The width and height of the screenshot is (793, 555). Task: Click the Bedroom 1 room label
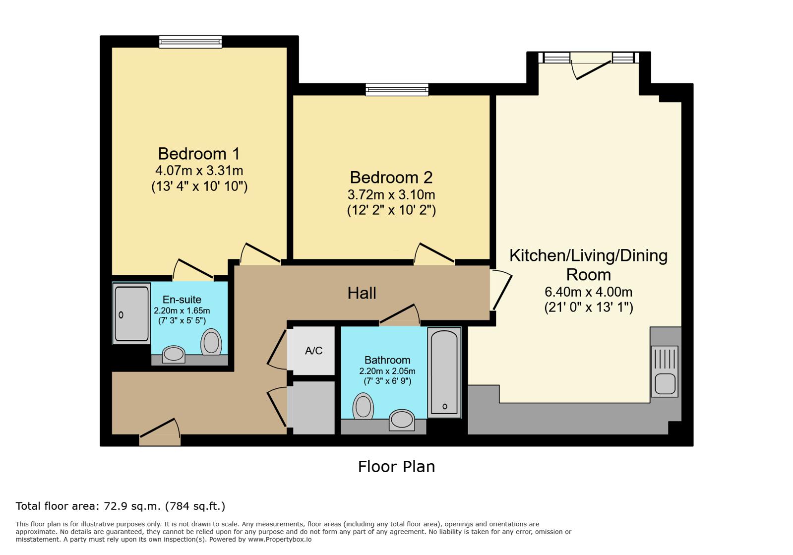coord(199,154)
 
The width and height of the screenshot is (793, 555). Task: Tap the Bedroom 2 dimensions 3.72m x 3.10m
coord(391,194)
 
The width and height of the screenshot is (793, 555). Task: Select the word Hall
coord(362,293)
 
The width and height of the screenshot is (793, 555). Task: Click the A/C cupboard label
coord(313,351)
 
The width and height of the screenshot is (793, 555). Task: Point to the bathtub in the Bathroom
coord(444,372)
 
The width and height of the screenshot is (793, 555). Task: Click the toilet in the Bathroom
coord(363,406)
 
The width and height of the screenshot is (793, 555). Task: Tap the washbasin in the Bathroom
coord(402,420)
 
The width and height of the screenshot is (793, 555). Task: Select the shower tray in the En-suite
coord(131,313)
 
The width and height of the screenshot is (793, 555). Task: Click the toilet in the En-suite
coord(211,342)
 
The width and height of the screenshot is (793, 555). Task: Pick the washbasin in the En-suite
coord(174,354)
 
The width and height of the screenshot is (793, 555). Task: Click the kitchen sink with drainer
coord(665,371)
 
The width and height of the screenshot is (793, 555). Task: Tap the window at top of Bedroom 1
coord(190,42)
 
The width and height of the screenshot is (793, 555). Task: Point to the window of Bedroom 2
coord(397,90)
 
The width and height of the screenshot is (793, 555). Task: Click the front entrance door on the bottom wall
coord(160,433)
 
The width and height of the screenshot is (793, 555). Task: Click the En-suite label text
coord(182,300)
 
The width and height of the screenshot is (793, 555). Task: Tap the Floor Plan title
coord(397,467)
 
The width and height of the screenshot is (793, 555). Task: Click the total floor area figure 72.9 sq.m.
coord(132,506)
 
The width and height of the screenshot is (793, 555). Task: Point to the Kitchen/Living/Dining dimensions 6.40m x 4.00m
coord(588,292)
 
